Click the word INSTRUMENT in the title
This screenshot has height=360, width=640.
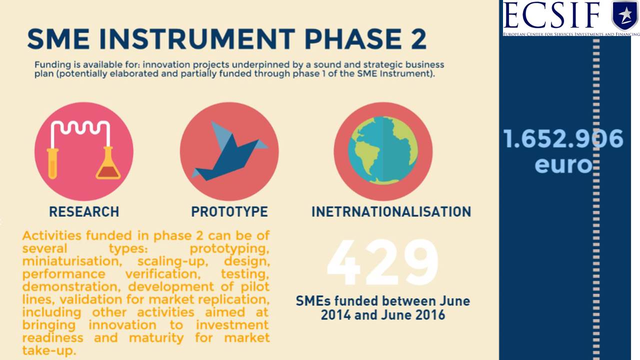pos(197,39)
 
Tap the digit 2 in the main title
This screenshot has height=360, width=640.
pos(418,39)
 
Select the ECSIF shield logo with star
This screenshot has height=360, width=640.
pos(625,15)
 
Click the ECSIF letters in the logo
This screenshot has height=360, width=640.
pos(552,15)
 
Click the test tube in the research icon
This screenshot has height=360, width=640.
pos(52,163)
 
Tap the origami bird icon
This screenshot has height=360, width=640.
pos(229,151)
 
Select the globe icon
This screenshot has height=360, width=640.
pos(383,150)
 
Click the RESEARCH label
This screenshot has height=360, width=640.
pos(84,211)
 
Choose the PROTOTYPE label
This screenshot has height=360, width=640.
pos(229,211)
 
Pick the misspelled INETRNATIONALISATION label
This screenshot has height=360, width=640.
pos(391,211)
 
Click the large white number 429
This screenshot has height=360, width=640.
pos(382,262)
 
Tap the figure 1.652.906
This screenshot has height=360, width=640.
pos(563,138)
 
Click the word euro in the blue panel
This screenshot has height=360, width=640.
pos(563,165)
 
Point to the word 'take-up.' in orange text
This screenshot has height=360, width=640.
pos(49,350)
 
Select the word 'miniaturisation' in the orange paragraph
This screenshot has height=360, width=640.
pos(72,261)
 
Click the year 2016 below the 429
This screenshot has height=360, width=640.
pos(430,315)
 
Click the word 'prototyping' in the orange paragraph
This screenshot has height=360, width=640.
pos(229,249)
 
